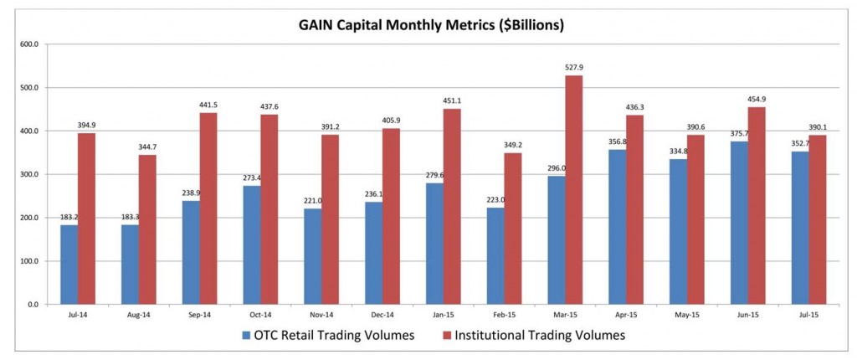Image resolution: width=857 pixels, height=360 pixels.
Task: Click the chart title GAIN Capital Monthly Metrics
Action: (x=431, y=25)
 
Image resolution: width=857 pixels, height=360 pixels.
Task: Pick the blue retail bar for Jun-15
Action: (x=738, y=223)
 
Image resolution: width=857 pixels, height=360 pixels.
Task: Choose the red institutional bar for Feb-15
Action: (x=512, y=229)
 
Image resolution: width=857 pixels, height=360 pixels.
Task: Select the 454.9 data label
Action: (x=756, y=100)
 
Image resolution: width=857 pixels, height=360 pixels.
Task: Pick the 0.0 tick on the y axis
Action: (x=33, y=305)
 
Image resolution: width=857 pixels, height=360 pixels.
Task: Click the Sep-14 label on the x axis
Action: (x=198, y=316)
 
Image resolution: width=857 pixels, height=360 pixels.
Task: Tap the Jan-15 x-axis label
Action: (x=442, y=316)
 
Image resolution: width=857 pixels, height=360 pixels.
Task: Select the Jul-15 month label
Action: (x=807, y=316)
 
